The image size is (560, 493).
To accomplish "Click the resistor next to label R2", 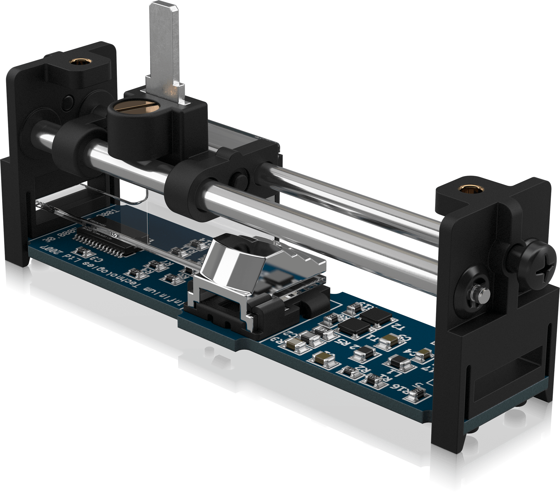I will pos(349,371).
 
